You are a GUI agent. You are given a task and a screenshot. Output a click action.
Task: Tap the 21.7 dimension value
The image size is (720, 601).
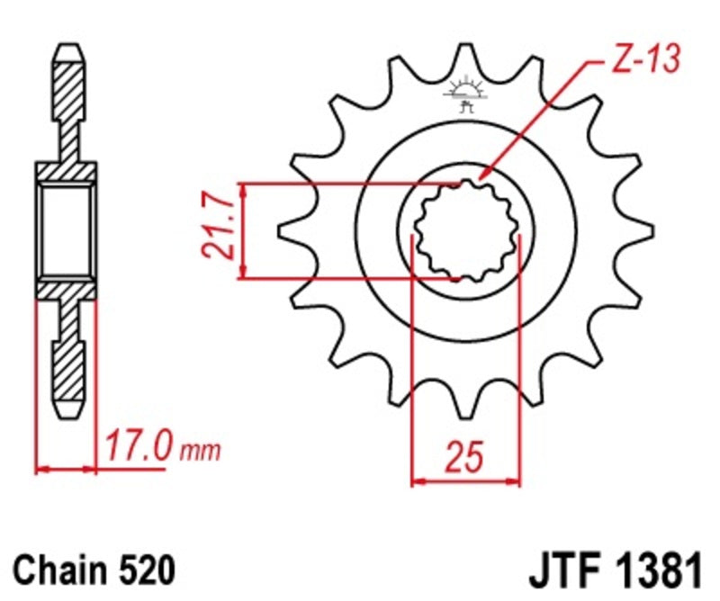click(x=222, y=230)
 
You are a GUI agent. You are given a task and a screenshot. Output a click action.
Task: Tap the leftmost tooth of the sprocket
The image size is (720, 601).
click(x=290, y=231)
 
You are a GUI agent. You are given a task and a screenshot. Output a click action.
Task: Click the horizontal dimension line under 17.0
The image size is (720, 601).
click(x=66, y=469)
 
